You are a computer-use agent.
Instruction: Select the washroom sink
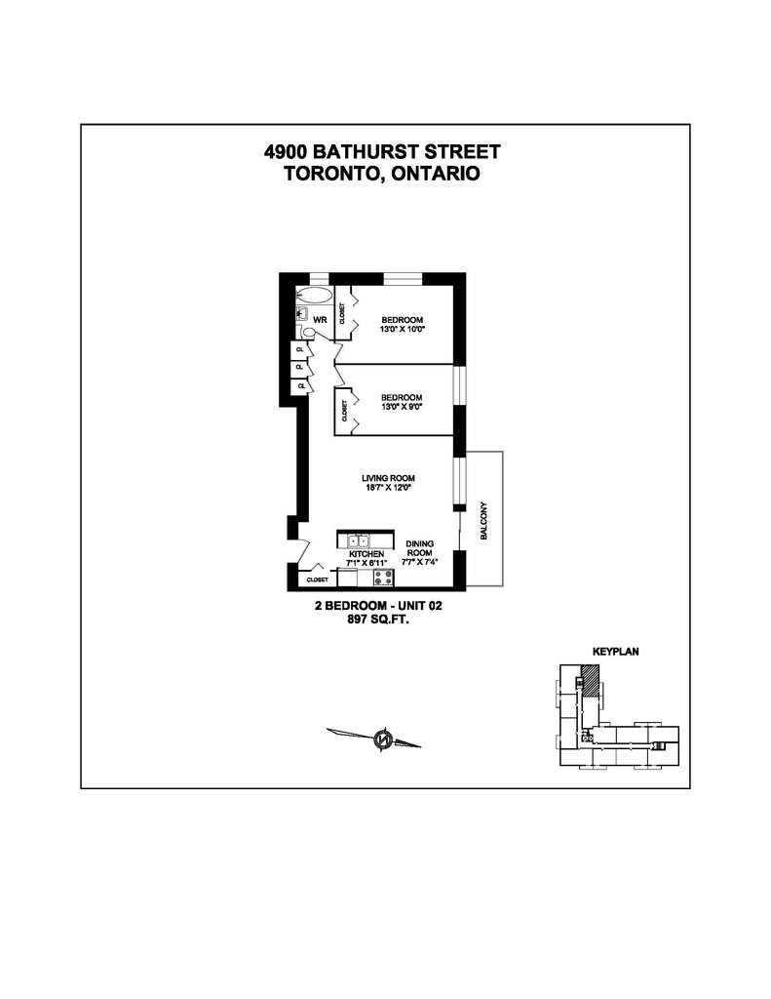tap(302, 315)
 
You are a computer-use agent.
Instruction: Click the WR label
tap(320, 319)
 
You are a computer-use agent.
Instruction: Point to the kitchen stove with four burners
tap(382, 576)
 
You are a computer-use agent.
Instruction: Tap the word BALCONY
tap(484, 523)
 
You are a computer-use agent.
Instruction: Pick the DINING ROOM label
tap(420, 548)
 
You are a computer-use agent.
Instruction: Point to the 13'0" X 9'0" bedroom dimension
tap(402, 407)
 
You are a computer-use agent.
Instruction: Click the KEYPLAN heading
tap(615, 650)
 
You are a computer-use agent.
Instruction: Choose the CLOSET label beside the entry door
tap(317, 579)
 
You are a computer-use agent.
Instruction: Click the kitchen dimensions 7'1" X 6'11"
tap(366, 563)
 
